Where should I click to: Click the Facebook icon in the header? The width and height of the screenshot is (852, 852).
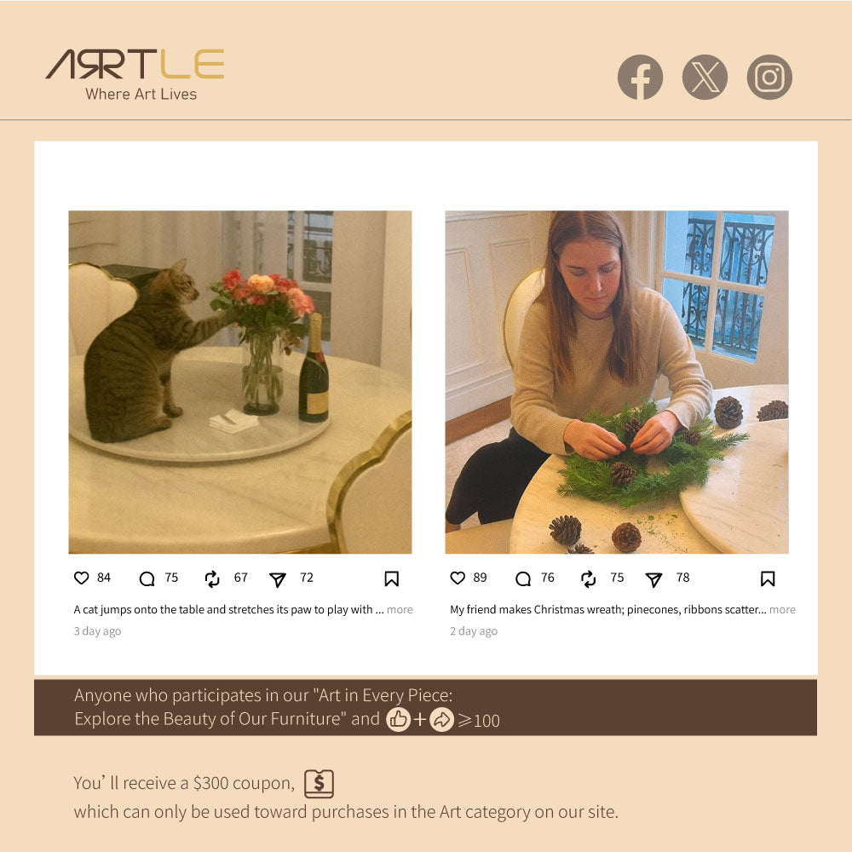click(640, 78)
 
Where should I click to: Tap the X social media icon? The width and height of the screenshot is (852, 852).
click(705, 78)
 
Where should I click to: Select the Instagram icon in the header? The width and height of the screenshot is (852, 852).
click(769, 78)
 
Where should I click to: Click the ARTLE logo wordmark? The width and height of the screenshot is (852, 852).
click(135, 64)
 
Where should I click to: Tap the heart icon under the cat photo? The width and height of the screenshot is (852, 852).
click(82, 578)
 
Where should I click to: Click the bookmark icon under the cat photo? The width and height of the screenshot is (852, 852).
click(391, 579)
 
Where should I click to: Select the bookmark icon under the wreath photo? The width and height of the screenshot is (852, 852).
click(768, 579)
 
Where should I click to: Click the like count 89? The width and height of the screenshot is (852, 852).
click(480, 578)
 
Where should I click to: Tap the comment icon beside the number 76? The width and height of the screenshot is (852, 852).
click(523, 579)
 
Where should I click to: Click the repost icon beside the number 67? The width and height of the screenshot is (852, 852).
click(212, 579)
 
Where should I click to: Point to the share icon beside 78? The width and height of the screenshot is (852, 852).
click(653, 579)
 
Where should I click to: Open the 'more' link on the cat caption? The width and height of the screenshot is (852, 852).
click(400, 610)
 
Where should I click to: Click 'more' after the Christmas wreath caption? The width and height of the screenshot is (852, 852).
click(782, 610)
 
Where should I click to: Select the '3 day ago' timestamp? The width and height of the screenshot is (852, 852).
click(97, 630)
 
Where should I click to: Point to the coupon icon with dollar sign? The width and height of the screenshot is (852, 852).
click(319, 784)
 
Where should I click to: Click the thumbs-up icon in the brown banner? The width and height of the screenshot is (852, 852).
click(398, 719)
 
